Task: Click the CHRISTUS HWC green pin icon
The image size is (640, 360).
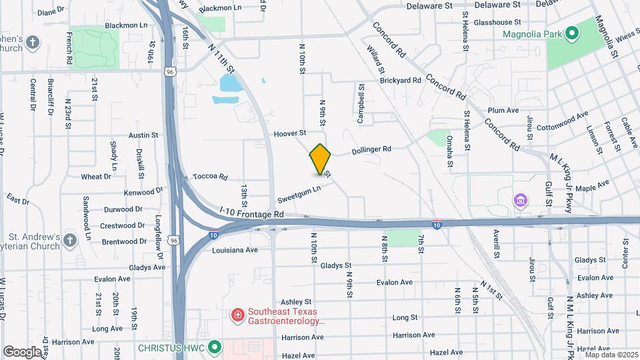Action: [x=214, y=347]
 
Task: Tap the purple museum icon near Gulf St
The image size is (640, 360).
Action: [x=521, y=200]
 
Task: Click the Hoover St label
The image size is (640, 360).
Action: [x=289, y=133]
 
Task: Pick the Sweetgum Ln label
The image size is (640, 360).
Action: [x=299, y=194]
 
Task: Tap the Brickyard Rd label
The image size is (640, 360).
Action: [x=401, y=80]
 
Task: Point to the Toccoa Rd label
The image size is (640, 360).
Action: [x=210, y=177]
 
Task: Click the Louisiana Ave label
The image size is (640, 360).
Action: [x=234, y=250]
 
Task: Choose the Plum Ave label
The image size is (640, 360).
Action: [x=503, y=110]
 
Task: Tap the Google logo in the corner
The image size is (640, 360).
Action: [x=22, y=351]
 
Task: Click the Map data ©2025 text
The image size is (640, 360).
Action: [x=611, y=354]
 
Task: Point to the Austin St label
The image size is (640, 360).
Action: [x=143, y=135]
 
